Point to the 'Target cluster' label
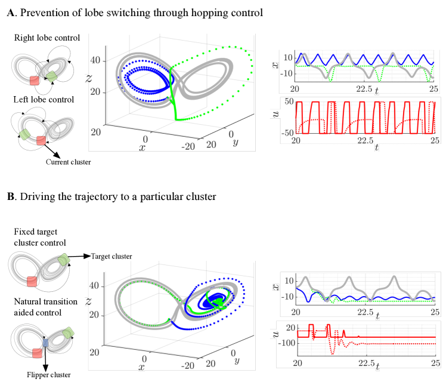coord(111,256)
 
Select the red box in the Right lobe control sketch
coord(35,80)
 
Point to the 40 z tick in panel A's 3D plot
coord(94,61)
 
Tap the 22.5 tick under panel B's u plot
coord(366,362)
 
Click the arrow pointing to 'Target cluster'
coord(81,256)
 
